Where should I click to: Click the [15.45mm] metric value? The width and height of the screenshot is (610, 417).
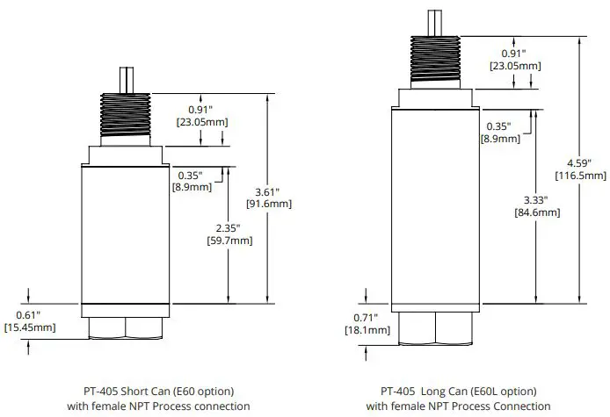tap(30, 327)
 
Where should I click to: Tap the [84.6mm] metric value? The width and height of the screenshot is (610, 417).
tap(536, 212)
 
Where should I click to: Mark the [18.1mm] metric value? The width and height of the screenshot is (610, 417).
tap(365, 330)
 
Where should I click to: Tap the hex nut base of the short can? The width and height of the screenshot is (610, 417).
tap(126, 327)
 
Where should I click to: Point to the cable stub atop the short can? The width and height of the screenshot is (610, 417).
tap(126, 80)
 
